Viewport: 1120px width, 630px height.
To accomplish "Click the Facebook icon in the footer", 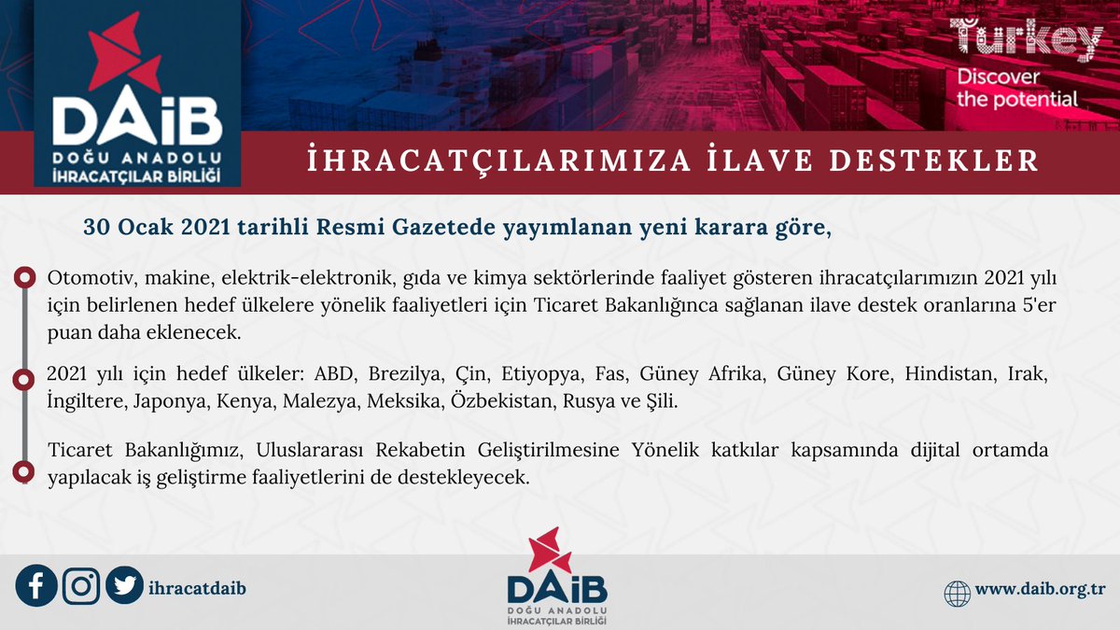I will point(36,586).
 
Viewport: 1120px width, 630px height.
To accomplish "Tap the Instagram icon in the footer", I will point(81,586).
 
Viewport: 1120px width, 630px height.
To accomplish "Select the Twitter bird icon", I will point(124,586).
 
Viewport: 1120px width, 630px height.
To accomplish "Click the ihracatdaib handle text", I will point(197,587).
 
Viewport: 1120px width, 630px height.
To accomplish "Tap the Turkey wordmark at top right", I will point(1026,41).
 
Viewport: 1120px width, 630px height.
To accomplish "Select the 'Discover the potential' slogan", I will point(1017,88).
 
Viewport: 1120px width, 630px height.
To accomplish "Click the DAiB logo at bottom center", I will point(557,578).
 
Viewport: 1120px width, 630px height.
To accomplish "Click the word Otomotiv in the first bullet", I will point(81,279).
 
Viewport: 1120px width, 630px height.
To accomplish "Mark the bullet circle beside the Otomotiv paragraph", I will point(21,278).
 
